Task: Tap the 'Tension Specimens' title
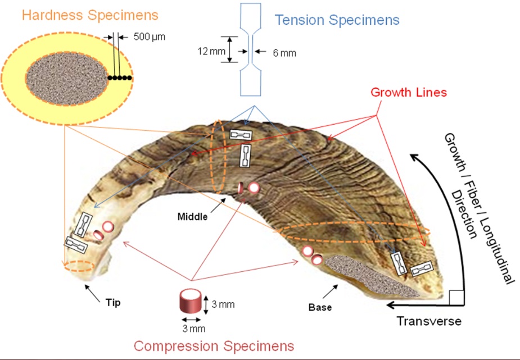pyautogui.click(x=337, y=20)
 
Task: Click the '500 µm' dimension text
pyautogui.click(x=150, y=37)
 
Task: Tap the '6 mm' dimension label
pyautogui.click(x=283, y=53)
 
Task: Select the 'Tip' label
pyautogui.click(x=113, y=302)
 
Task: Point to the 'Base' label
pyautogui.click(x=320, y=307)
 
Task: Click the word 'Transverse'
pyautogui.click(x=429, y=321)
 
